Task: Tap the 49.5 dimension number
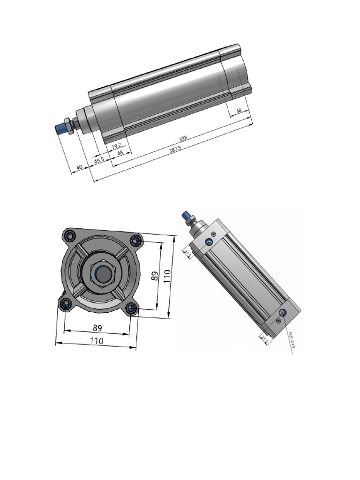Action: click(x=99, y=160)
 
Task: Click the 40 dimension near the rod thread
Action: click(x=80, y=167)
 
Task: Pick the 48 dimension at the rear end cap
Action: click(x=239, y=111)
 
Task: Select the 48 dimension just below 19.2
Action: click(x=120, y=153)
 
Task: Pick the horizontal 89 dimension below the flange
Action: click(x=97, y=328)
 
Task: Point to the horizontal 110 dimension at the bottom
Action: click(x=97, y=341)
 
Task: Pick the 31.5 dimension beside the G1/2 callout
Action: click(x=264, y=338)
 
